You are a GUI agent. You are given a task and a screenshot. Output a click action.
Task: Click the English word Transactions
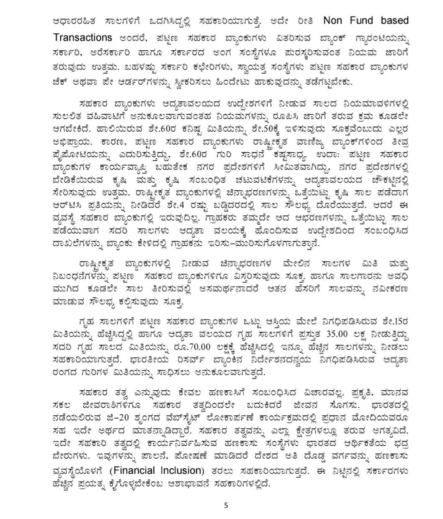pyautogui.click(x=83, y=37)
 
